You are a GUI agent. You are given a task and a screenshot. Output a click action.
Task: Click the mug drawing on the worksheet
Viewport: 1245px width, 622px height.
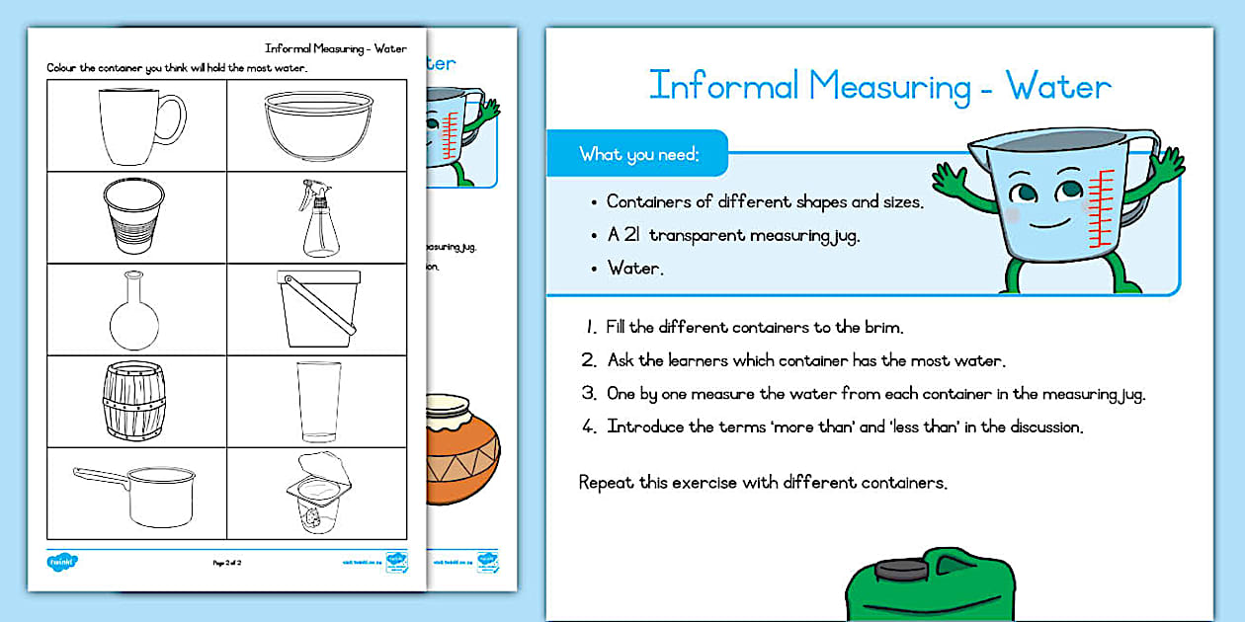coord(139,125)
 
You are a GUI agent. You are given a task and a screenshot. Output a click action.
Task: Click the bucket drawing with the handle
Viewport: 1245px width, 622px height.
coord(317,309)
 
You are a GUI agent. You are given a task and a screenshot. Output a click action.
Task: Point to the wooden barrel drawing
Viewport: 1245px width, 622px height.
coord(134,401)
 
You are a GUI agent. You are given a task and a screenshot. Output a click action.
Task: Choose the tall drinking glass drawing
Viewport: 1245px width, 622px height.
coord(318,401)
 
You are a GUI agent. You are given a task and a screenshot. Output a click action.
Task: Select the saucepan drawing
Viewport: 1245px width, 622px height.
coord(138,495)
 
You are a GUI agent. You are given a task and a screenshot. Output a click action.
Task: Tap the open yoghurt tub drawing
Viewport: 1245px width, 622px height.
coord(318,493)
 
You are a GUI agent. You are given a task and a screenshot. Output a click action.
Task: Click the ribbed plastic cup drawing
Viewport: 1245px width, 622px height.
coord(133,218)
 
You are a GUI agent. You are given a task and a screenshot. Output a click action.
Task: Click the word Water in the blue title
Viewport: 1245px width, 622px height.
coord(1058,87)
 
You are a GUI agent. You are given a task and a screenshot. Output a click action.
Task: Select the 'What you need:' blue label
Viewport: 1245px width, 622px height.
coord(639,154)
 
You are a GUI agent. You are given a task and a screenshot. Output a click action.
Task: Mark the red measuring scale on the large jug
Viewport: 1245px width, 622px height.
coord(1099,207)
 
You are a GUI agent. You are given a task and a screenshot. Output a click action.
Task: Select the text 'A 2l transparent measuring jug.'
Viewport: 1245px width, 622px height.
coord(732,236)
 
